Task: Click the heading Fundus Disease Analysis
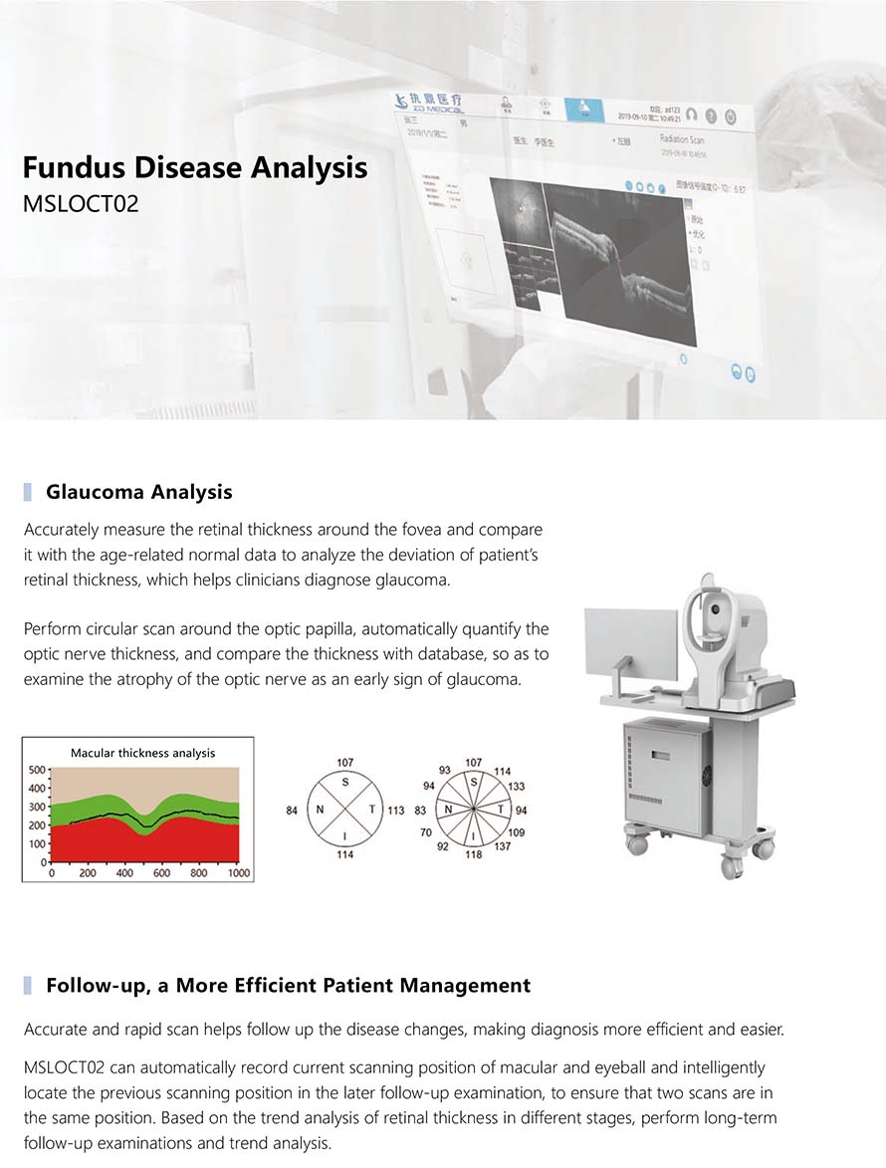tap(195, 166)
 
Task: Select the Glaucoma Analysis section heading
tap(138, 492)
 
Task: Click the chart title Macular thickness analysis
tap(142, 753)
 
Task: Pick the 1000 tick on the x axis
tap(239, 873)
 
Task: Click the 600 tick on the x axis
tap(162, 873)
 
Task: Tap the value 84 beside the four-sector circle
tap(292, 811)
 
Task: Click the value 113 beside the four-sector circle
tap(395, 811)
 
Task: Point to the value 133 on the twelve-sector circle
tap(516, 787)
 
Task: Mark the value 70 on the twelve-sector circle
tap(425, 831)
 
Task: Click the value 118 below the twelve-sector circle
tap(474, 854)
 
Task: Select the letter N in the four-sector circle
tap(321, 811)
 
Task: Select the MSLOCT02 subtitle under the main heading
tap(81, 204)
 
